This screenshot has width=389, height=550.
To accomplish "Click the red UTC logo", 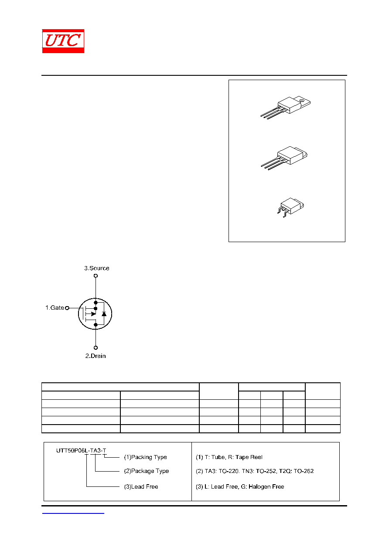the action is (x=63, y=41).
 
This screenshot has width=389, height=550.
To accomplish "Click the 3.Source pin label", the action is (x=97, y=268).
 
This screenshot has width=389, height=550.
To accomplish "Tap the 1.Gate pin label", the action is (x=55, y=307).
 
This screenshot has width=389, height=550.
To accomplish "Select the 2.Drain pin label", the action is (x=96, y=356).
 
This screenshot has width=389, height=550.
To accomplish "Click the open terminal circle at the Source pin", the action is (x=96, y=276).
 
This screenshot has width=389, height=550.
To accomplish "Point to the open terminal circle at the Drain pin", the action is (x=96, y=348).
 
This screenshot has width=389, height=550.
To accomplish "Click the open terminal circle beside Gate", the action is (x=67, y=308).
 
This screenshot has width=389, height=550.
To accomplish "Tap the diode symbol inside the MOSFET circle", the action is (x=104, y=314).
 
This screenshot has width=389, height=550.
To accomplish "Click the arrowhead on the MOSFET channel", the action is (x=93, y=314).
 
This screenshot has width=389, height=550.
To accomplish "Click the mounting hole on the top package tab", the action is (x=302, y=101).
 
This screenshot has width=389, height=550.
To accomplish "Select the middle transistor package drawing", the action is (x=284, y=158).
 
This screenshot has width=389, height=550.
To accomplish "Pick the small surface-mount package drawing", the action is (x=290, y=207).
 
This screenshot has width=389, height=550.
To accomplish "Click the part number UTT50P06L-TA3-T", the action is (x=81, y=451).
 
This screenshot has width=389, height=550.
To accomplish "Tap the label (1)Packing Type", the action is (x=145, y=457).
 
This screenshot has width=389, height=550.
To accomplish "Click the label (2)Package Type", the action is (x=146, y=471).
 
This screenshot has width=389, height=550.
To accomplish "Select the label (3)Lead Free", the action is (x=141, y=486).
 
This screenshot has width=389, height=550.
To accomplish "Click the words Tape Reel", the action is (x=249, y=457).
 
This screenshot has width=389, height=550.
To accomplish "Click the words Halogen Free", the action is (x=266, y=486).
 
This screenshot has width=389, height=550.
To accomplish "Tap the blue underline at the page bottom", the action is (x=73, y=513).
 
